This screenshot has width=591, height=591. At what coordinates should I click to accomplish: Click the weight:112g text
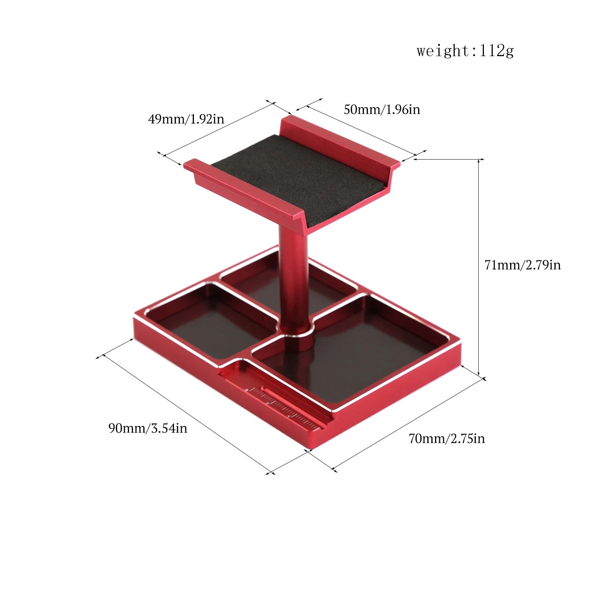(465, 51)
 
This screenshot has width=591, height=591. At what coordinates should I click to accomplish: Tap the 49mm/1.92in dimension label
(186, 119)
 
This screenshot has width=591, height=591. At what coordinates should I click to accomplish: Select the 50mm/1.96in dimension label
(382, 109)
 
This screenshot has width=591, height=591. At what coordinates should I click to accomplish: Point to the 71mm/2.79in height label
(522, 265)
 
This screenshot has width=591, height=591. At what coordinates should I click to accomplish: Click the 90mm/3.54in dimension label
(148, 428)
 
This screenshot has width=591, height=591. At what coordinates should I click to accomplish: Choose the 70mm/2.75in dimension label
(447, 438)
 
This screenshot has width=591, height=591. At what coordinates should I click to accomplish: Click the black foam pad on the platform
(295, 177)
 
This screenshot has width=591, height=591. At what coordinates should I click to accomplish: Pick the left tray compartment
(211, 318)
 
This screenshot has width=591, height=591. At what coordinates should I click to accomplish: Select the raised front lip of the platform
(244, 192)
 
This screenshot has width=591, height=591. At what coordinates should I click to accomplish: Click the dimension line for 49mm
(218, 129)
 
